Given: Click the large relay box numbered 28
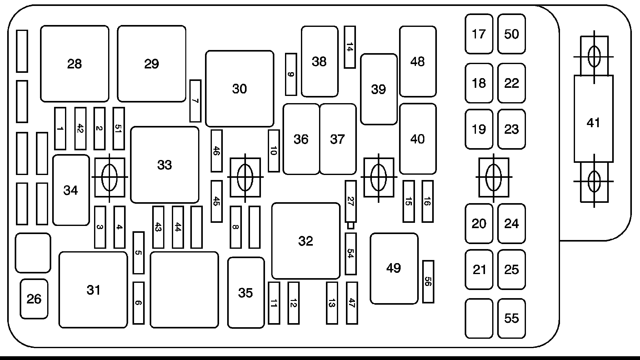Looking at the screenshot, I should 75,64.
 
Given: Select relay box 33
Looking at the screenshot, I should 165,165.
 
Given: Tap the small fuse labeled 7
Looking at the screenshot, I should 195,101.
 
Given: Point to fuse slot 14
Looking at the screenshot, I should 350,47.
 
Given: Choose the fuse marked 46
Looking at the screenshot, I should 217,151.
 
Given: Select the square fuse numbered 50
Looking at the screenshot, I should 512,34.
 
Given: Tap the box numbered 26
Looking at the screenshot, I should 34,299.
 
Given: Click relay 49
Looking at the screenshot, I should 394,268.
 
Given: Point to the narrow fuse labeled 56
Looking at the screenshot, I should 428,282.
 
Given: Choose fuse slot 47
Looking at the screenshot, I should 352,303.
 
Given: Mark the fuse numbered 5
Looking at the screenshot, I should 138,253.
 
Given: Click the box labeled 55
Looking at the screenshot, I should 512,318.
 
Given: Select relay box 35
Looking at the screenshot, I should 246,293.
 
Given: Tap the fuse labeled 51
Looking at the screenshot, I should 119,128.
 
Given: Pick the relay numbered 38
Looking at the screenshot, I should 320,62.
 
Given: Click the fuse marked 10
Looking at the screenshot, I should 274,151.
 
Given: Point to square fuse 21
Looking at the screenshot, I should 479,269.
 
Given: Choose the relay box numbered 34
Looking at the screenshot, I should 71,190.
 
